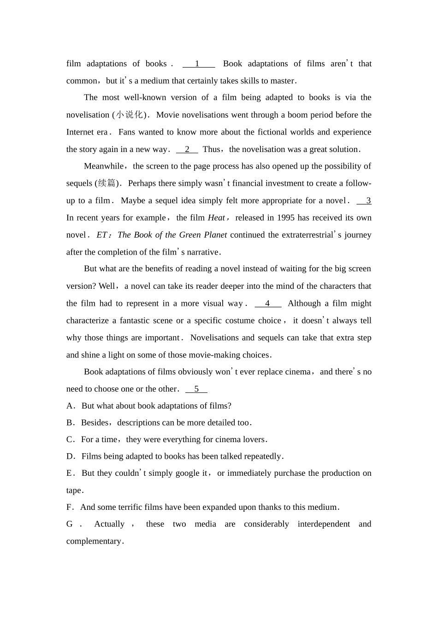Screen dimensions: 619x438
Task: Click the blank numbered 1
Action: tap(198, 64)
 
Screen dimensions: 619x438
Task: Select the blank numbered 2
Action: tap(187, 149)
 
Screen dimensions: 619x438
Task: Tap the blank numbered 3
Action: tap(364, 200)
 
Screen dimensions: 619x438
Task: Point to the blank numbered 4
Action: tap(268, 304)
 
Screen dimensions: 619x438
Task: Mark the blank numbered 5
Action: tap(196, 389)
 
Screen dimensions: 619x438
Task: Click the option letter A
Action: tap(70, 406)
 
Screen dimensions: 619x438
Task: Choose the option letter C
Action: tap(70, 439)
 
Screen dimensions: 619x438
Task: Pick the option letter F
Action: tap(70, 507)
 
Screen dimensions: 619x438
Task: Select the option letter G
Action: tap(70, 524)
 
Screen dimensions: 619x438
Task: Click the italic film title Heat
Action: tap(216, 218)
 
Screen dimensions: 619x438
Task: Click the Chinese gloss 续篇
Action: tap(107, 183)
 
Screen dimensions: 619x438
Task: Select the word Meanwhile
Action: tap(104, 166)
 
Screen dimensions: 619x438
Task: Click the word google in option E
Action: tap(189, 473)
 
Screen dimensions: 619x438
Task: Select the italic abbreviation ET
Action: tap(101, 235)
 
